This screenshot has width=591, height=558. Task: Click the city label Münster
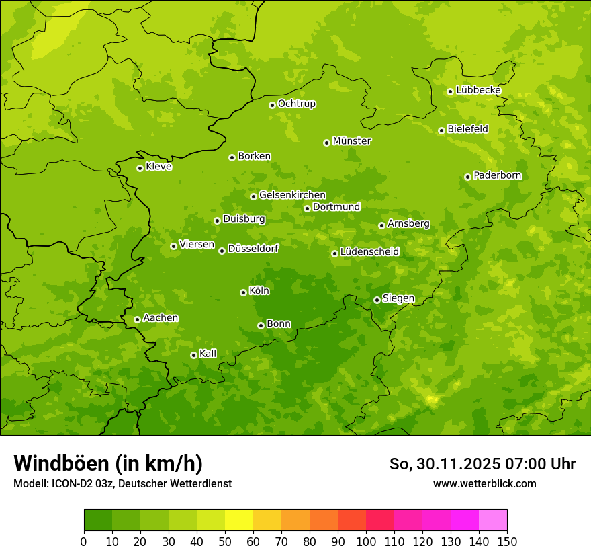(351, 141)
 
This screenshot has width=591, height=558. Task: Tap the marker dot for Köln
(243, 292)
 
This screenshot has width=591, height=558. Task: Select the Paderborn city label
(497, 175)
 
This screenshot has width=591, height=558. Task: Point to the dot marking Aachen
(137, 319)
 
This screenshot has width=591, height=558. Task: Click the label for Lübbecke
(478, 90)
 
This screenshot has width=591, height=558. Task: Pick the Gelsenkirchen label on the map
(292, 195)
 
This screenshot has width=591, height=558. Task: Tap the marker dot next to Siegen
(377, 300)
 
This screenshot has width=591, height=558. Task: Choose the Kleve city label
(158, 167)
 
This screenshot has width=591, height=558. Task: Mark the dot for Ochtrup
(272, 105)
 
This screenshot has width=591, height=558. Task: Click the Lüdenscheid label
(369, 252)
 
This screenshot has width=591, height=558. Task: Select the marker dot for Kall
(193, 355)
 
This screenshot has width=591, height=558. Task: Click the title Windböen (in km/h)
(108, 464)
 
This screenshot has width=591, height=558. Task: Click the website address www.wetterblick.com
(484, 483)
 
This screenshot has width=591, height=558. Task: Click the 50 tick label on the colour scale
(225, 541)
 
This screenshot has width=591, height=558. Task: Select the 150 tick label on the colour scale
(507, 541)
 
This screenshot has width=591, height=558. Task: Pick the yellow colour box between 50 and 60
(239, 520)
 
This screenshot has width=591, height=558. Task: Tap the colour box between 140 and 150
(493, 520)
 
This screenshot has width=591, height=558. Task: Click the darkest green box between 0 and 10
(98, 520)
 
